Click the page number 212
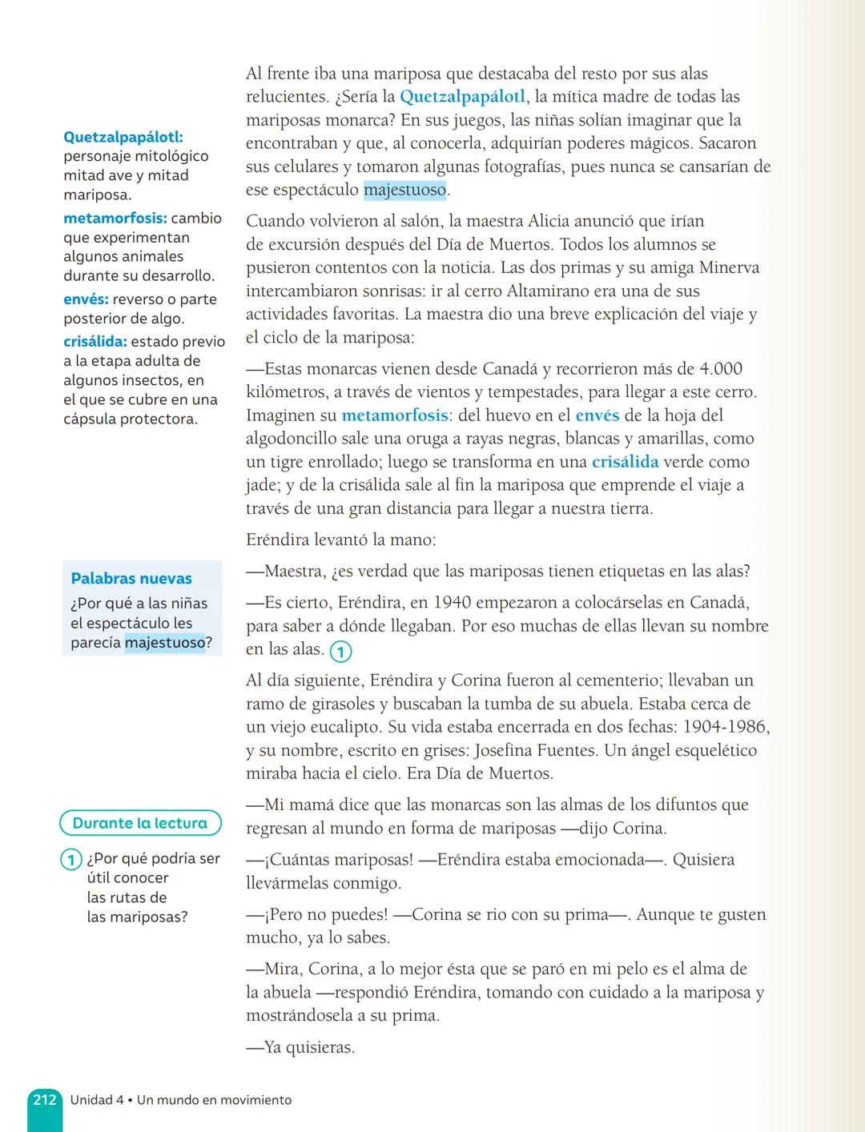(x=45, y=1099)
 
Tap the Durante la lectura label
(x=140, y=823)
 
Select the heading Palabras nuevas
(x=131, y=578)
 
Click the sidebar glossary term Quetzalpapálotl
(x=123, y=137)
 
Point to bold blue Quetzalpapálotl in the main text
(x=462, y=97)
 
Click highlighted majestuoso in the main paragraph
(x=404, y=191)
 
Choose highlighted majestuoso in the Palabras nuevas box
(x=165, y=642)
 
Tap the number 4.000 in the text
(x=721, y=369)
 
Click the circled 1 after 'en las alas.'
(x=340, y=652)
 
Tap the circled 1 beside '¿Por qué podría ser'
(x=71, y=860)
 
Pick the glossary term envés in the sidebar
(x=86, y=299)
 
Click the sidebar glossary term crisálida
(x=95, y=342)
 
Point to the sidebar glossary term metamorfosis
(x=115, y=219)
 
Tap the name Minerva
(x=728, y=268)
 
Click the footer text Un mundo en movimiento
(x=214, y=1100)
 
